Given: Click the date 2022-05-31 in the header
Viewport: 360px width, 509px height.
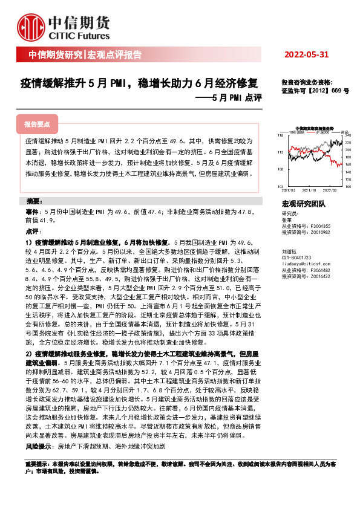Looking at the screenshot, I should pyautogui.click(x=306, y=55).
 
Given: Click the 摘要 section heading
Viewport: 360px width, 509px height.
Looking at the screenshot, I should pyautogui.click(x=33, y=200).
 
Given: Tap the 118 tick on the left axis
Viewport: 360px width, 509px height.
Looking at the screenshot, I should pyautogui.click(x=280, y=135).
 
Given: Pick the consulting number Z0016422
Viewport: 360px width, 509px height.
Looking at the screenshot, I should pyautogui.click(x=318, y=276).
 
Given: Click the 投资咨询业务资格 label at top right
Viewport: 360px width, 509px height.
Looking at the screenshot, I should pyautogui.click(x=307, y=83).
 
